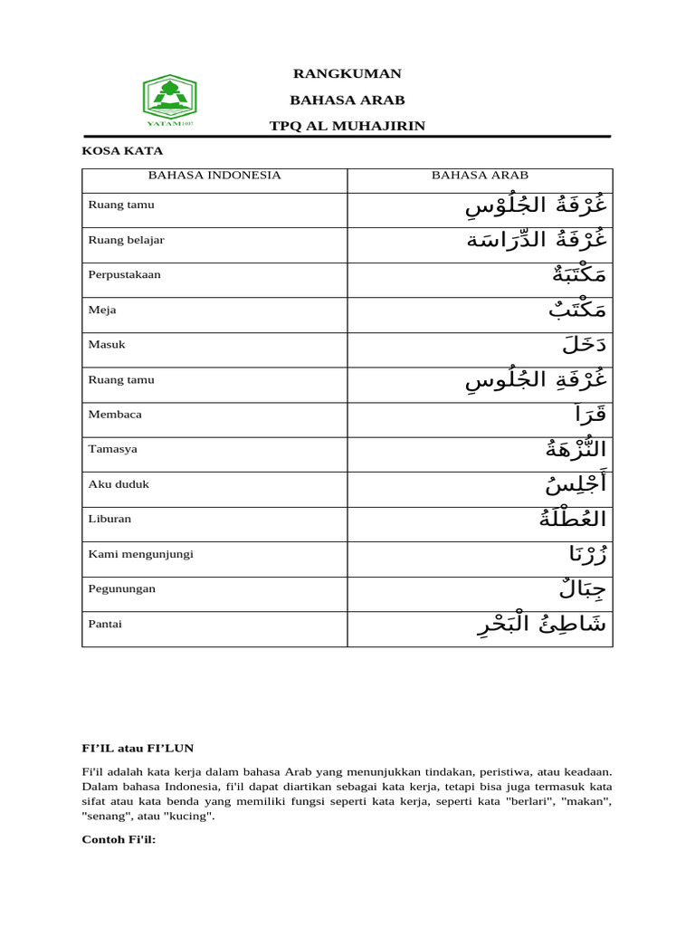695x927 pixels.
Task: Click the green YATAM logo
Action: [169, 100]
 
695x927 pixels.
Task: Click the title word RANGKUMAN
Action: [347, 73]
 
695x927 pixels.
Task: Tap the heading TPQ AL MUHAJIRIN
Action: [347, 125]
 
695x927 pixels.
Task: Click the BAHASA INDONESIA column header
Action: [214, 175]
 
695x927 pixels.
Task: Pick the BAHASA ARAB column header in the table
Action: [480, 175]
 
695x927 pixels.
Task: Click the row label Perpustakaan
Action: [124, 274]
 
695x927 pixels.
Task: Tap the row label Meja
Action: [102, 310]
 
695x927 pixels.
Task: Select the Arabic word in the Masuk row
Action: [584, 345]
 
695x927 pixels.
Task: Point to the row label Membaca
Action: [115, 414]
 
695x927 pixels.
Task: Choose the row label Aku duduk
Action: [119, 483]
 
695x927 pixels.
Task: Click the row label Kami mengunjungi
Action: [140, 553]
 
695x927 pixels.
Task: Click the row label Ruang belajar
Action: [126, 240]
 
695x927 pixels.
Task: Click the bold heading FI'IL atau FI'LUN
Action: [138, 748]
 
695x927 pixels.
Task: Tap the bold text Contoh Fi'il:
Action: [119, 839]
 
